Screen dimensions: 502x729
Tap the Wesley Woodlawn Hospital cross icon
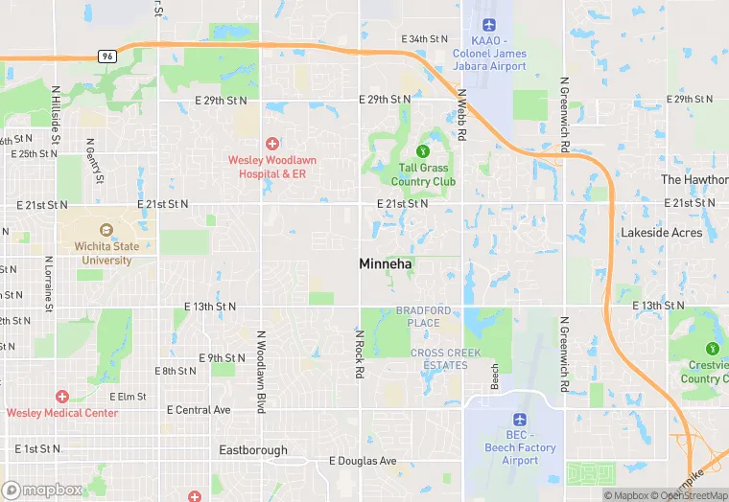272,143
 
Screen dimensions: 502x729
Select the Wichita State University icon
106,231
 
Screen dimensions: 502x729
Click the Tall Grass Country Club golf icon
423,150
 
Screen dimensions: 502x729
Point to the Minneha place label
387,263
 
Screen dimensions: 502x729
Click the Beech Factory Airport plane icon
519,420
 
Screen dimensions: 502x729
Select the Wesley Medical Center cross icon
62,397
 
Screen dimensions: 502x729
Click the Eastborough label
253,450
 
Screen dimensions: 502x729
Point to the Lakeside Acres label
661,233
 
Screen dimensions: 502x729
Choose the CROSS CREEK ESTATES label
439,359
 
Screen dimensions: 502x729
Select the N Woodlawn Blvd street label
260,372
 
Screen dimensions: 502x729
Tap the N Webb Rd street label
461,115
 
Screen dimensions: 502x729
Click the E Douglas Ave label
363,461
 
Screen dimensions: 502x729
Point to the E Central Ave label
199,410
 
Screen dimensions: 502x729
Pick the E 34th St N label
424,39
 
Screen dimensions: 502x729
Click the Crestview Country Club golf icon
712,348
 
